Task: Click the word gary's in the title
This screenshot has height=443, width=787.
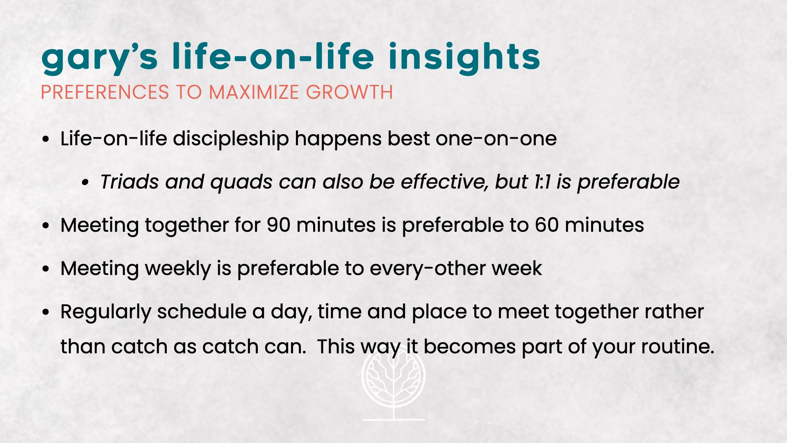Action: (100, 58)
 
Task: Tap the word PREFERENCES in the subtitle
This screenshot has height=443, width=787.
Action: (105, 92)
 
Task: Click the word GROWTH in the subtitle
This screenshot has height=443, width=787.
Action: (350, 92)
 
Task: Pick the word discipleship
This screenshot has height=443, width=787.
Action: (231, 139)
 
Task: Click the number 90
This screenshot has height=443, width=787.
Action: (278, 225)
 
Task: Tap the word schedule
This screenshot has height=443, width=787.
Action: (202, 312)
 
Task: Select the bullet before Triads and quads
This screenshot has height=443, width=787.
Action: (85, 183)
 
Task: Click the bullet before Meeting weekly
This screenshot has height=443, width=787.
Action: (46, 269)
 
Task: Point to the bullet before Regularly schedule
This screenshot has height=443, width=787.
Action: (46, 312)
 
